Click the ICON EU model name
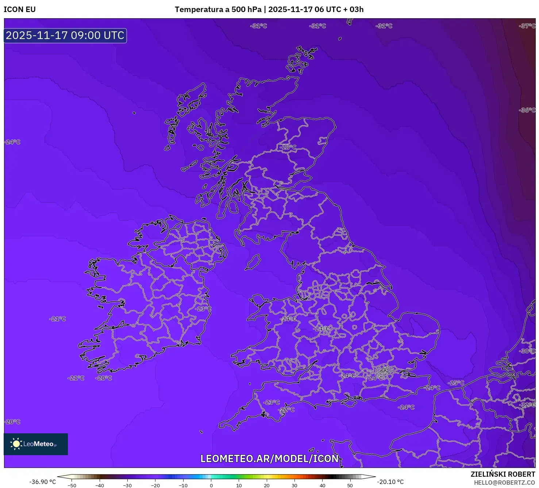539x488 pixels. coord(20,9)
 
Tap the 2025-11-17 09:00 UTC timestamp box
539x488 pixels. coord(65,36)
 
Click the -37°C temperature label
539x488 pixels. coord(527,26)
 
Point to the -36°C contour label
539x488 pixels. coord(527,110)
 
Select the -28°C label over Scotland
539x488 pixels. coord(288,147)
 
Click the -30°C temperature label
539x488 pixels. coord(527,351)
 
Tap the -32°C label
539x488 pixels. coord(528,405)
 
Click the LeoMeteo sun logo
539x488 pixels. coord(16,444)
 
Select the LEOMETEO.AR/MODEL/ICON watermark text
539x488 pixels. coord(270,458)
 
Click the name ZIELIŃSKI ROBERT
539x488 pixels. coord(503,475)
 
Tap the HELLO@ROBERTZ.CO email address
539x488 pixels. coord(504,483)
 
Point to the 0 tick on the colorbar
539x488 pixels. coord(211,485)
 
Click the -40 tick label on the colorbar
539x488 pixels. coord(100,485)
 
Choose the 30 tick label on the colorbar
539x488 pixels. coord(294,485)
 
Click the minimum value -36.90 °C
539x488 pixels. coord(43,482)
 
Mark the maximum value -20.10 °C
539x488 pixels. coord(390,482)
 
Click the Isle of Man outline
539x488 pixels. coord(253,262)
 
